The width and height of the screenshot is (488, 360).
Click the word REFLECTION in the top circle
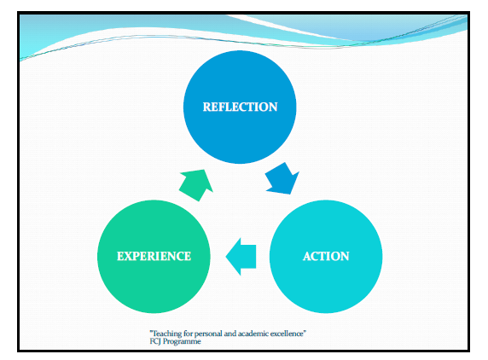(x=240, y=107)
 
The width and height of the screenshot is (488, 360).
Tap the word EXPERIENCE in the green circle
(x=154, y=256)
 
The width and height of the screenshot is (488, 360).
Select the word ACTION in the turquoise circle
(x=326, y=256)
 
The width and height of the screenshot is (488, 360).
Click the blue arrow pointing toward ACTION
(x=282, y=178)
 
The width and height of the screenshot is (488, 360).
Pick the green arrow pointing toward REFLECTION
(x=196, y=184)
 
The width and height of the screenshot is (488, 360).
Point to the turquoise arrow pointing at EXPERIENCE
(x=241, y=257)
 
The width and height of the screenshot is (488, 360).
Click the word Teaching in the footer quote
(x=166, y=334)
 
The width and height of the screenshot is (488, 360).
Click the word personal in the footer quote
(x=208, y=334)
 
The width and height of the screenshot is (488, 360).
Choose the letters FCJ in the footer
(x=155, y=341)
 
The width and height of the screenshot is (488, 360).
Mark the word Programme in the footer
(x=182, y=342)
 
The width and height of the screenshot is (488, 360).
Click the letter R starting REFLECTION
(x=207, y=107)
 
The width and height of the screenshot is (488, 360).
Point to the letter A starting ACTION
(x=307, y=256)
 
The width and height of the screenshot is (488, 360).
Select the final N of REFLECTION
(x=273, y=107)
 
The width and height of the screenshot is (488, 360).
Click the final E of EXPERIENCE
(x=188, y=256)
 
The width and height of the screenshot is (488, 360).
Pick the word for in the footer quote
(x=188, y=334)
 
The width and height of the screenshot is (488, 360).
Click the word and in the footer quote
(x=230, y=334)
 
